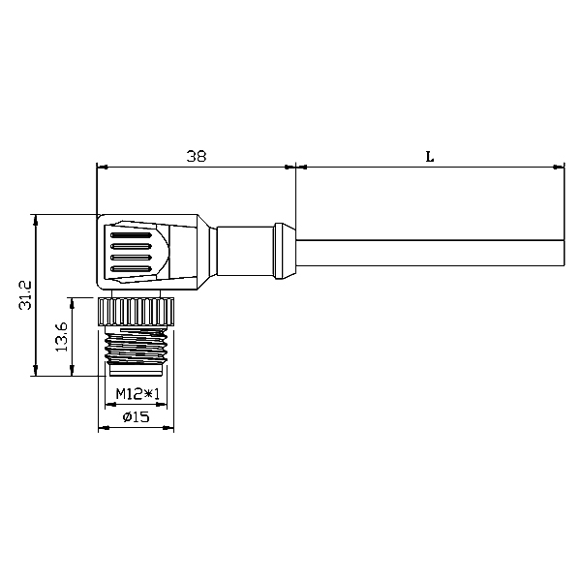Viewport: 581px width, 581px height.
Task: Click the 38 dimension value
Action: pyautogui.click(x=196, y=156)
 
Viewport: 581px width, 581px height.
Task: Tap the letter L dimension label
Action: pyautogui.click(x=429, y=157)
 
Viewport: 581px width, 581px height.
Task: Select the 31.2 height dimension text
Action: pyautogui.click(x=25, y=295)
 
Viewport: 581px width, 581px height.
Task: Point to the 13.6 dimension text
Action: pyautogui.click(x=61, y=337)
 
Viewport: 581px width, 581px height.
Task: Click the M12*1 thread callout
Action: pyautogui.click(x=138, y=394)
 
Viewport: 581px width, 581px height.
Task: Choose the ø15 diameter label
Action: pyautogui.click(x=136, y=417)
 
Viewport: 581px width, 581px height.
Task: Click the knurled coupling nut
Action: pyautogui.click(x=136, y=312)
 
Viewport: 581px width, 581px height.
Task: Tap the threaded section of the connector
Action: pyautogui.click(x=136, y=347)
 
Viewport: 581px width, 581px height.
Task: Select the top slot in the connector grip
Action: pyautogui.click(x=132, y=235)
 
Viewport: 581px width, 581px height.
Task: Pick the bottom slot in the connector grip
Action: pyautogui.click(x=132, y=268)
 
